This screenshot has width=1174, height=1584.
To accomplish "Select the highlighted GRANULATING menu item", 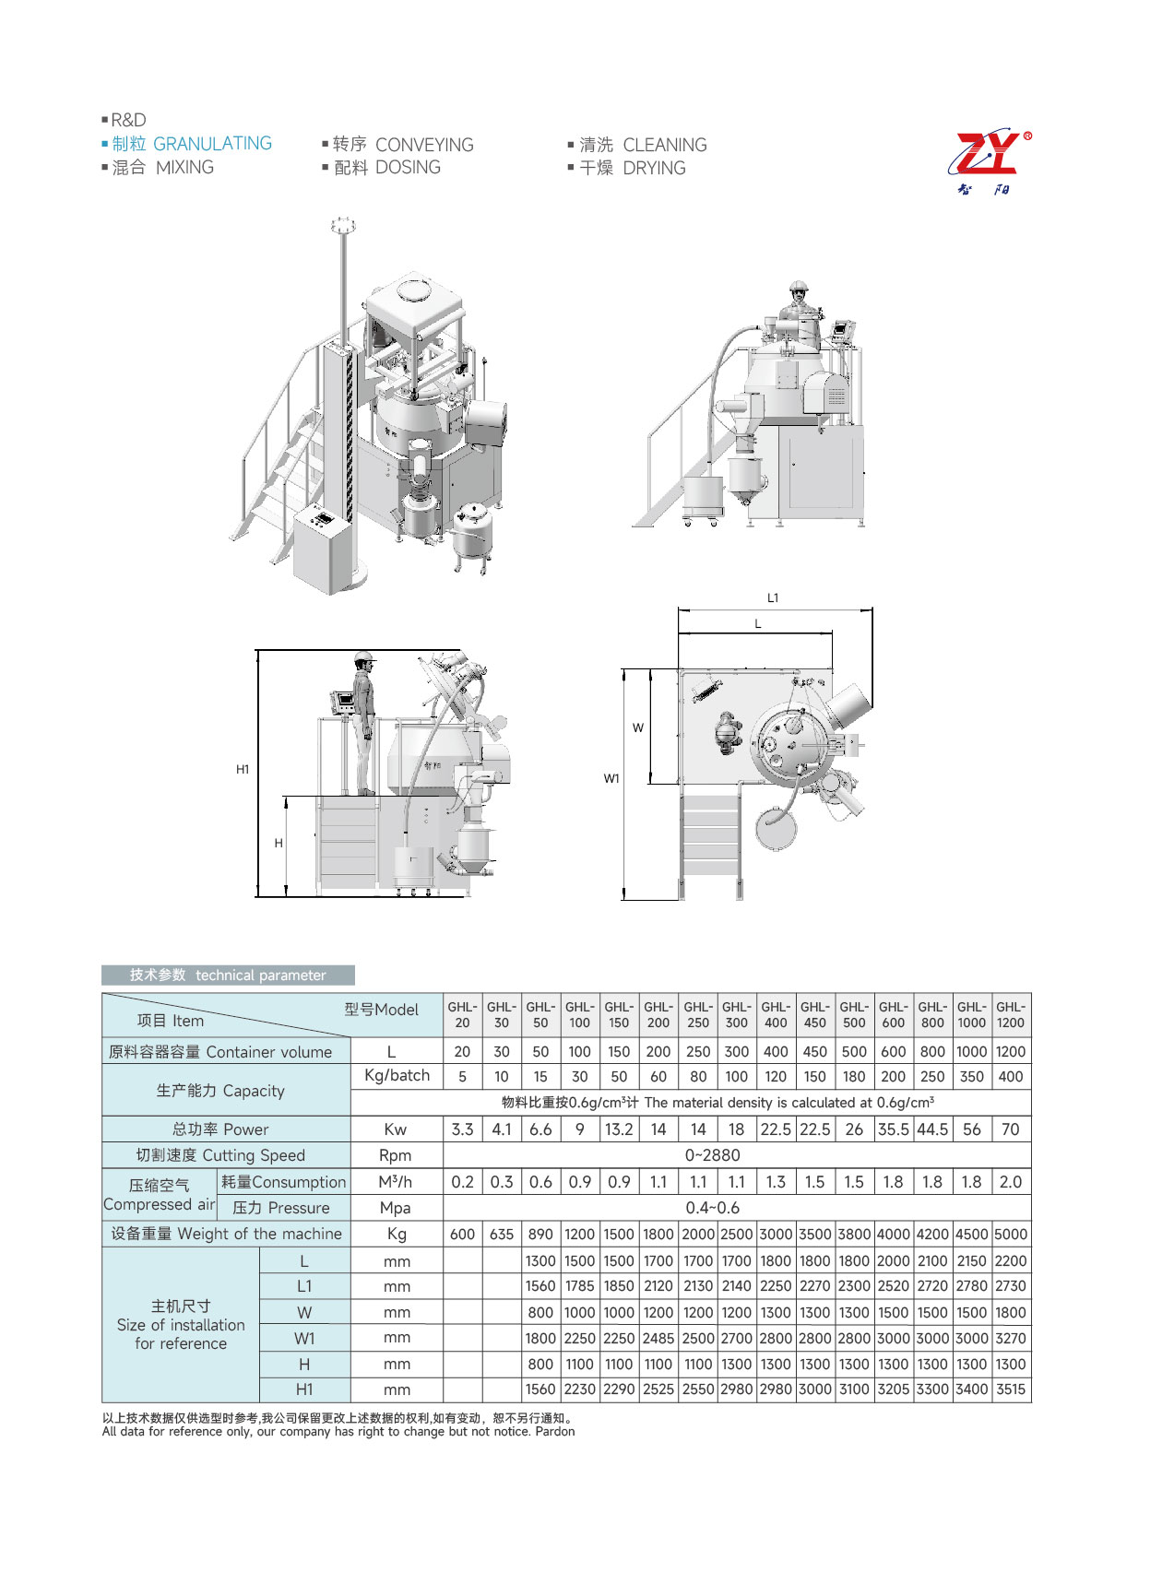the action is click(192, 144).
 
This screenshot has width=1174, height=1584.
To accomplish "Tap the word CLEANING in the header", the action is click(665, 145).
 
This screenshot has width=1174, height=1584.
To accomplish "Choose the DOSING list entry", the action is click(408, 167).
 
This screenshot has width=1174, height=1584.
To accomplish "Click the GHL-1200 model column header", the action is click(1011, 1014).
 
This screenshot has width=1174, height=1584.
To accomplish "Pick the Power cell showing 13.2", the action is click(619, 1129).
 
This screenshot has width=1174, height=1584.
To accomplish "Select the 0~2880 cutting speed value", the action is click(712, 1155).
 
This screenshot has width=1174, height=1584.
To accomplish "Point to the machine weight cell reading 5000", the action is click(1011, 1234).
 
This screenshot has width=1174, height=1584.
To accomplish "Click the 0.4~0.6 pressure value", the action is click(712, 1208).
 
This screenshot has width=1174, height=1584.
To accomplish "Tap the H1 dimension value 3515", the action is click(1011, 1389).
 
